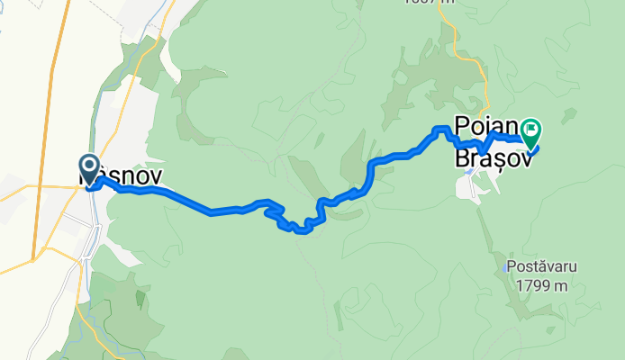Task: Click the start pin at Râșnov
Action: [x=90, y=166]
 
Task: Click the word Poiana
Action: [x=486, y=126]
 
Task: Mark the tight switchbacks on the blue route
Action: [x=288, y=220]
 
